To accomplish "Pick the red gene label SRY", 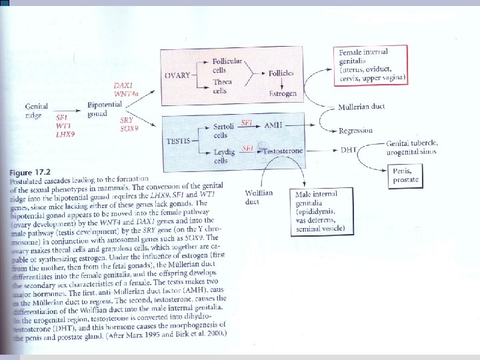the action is coord(127,119).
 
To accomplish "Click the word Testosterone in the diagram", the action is coord(283,151).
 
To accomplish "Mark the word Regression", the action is coord(356,131).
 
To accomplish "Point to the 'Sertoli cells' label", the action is coord(224,130).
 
